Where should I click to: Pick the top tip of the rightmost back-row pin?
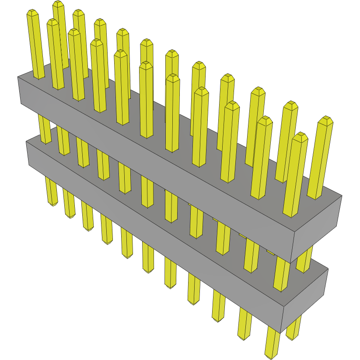pos(325,119)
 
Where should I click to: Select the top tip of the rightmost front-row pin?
pos(300,136)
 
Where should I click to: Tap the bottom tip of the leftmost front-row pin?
pos(53,204)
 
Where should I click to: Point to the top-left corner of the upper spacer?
pos(18,77)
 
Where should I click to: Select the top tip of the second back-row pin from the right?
pos(290,105)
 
